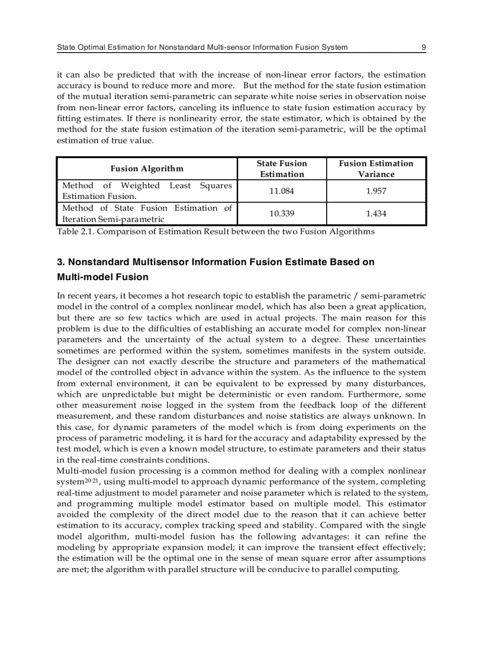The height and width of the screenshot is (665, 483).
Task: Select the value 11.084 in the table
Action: pyautogui.click(x=281, y=191)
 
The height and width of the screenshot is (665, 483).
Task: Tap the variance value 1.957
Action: pyautogui.click(x=376, y=191)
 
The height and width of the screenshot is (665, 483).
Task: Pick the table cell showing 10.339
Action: pyautogui.click(x=281, y=214)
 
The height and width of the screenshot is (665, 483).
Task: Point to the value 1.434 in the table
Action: pyautogui.click(x=376, y=214)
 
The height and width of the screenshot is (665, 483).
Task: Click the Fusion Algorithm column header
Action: pyautogui.click(x=147, y=169)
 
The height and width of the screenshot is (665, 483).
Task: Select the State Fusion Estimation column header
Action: pyautogui.click(x=282, y=169)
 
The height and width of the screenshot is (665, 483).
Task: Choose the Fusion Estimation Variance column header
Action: pyautogui.click(x=376, y=169)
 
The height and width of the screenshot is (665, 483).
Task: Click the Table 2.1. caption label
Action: pyautogui.click(x=75, y=232)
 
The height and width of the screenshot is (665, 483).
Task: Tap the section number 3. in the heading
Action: pyautogui.click(x=61, y=262)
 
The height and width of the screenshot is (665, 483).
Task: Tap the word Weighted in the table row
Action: pyautogui.click(x=140, y=186)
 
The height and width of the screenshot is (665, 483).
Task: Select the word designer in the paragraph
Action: pyautogui.click(x=94, y=361)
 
